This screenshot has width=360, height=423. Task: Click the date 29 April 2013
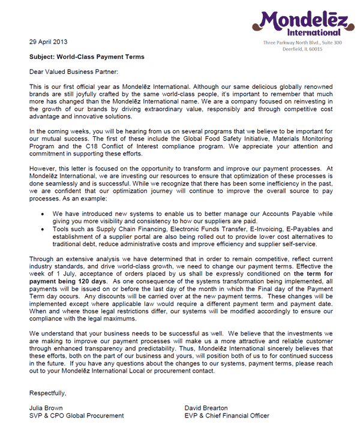tap(49, 42)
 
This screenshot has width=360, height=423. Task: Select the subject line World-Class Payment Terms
tap(87, 57)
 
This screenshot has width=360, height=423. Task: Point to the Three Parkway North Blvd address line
tap(302, 43)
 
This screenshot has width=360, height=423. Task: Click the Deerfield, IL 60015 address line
tap(302, 49)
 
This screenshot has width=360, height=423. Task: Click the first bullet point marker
tap(41, 214)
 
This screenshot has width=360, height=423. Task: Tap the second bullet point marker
tap(41, 229)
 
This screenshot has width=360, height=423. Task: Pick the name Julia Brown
tap(46, 407)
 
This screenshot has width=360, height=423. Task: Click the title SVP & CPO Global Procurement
tap(77, 415)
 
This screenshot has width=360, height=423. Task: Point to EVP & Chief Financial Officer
tap(227, 415)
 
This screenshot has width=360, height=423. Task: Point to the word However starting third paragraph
tap(43, 178)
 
